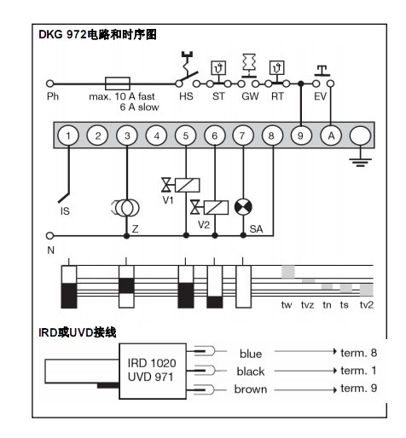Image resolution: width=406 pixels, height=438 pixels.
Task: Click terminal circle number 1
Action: click(x=68, y=135)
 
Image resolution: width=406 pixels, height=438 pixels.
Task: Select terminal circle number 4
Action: click(x=156, y=135)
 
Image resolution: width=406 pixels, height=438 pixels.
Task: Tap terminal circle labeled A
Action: click(x=331, y=135)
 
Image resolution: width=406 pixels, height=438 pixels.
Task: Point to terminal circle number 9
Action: click(x=301, y=135)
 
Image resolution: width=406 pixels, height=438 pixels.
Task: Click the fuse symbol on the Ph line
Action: click(x=118, y=84)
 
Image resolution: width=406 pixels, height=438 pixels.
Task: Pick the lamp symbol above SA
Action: click(x=243, y=207)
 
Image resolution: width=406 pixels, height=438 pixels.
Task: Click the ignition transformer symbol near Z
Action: click(x=126, y=208)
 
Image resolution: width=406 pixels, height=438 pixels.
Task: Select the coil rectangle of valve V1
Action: click(x=187, y=185)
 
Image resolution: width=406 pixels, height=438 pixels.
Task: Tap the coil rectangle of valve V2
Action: click(x=216, y=207)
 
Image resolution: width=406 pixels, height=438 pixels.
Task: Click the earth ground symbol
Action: click(x=360, y=162)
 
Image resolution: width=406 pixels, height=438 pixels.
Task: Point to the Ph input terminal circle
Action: click(x=50, y=84)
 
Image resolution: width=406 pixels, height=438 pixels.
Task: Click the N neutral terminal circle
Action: click(x=49, y=235)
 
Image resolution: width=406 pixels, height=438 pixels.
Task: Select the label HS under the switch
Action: click(x=186, y=96)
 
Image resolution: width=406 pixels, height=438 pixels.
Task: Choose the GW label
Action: click(x=250, y=96)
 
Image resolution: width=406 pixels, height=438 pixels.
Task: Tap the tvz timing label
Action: click(x=307, y=305)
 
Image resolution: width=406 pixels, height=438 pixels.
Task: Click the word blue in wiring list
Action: click(x=251, y=354)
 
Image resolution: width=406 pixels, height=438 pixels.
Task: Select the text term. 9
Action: click(x=358, y=388)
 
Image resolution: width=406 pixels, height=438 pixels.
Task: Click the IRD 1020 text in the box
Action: click(x=152, y=363)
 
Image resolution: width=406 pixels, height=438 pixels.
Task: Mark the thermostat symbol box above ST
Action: click(x=218, y=68)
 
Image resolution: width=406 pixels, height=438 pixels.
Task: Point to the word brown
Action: click(x=251, y=389)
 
